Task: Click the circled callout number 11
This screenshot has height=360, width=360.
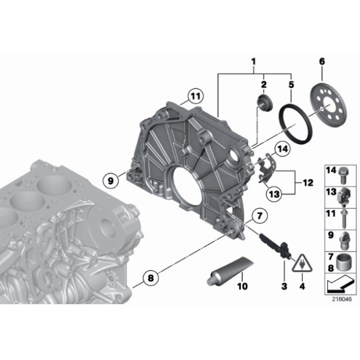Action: [x=196, y=96]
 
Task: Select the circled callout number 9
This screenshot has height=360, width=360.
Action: [x=110, y=181]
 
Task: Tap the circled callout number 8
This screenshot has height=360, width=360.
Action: [x=151, y=278]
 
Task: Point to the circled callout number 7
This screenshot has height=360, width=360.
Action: [x=259, y=216]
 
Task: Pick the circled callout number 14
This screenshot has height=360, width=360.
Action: [x=282, y=149]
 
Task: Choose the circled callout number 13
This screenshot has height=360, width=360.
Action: [x=274, y=194]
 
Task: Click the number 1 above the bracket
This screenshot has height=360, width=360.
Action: [x=253, y=61]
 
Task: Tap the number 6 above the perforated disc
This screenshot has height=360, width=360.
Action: [x=322, y=61]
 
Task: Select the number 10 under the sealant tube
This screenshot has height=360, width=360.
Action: [x=243, y=286]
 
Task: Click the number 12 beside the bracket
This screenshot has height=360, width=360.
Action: [x=308, y=182]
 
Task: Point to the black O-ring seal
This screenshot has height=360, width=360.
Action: [x=295, y=124]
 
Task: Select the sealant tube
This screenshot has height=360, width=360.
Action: [x=230, y=271]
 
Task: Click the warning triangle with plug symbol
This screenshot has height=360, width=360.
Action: [x=302, y=263]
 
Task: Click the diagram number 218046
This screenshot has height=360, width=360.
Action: [x=342, y=299]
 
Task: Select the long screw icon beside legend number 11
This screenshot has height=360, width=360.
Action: [x=344, y=218]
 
